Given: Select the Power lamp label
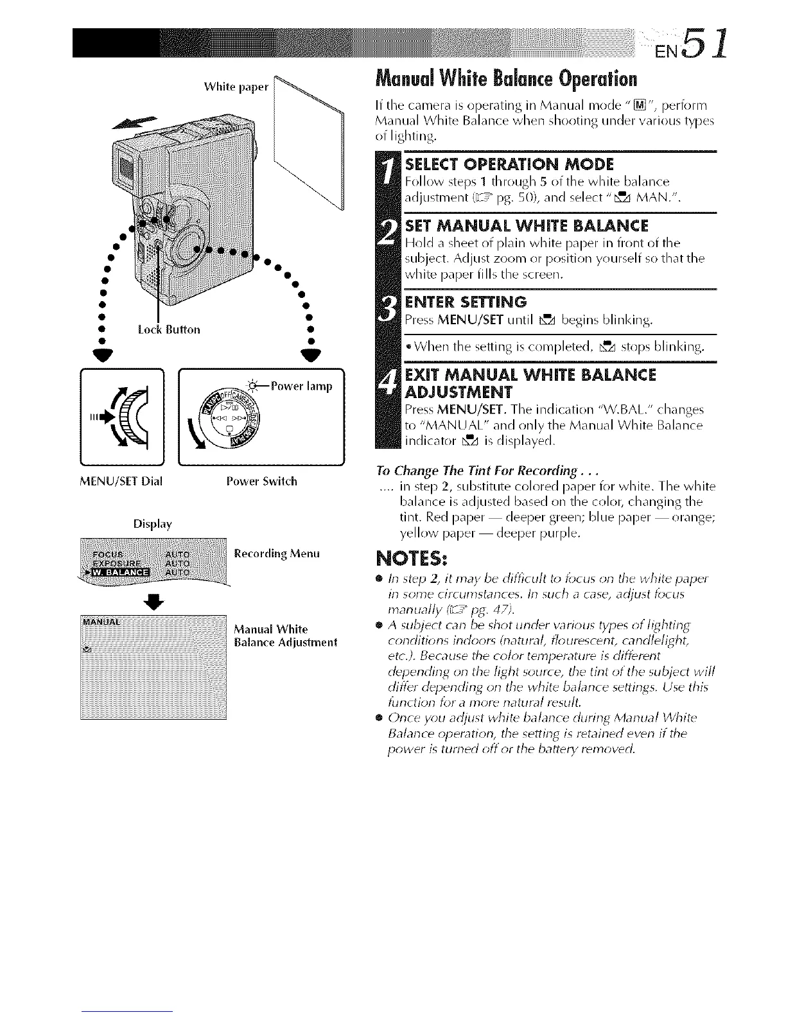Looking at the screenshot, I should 301,387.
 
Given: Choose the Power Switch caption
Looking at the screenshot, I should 261,480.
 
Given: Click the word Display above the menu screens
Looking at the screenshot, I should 152,524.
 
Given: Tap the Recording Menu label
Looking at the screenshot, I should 277,553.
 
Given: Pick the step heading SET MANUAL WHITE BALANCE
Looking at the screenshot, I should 527,226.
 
